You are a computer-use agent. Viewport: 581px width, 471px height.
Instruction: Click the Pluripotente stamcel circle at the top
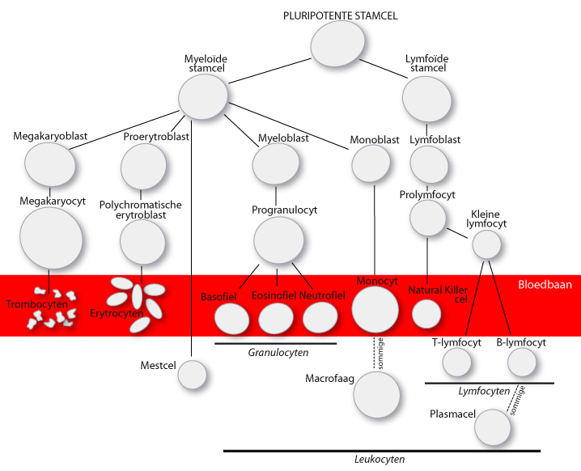point(337,44)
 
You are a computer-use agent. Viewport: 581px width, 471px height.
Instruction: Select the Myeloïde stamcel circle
point(203,96)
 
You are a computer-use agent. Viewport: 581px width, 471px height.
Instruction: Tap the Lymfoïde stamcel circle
point(427,99)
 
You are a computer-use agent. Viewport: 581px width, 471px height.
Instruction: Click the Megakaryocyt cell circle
point(51,238)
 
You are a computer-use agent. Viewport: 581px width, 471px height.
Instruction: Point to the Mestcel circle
point(192,375)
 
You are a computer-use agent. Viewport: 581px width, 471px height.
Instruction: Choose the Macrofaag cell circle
point(377,395)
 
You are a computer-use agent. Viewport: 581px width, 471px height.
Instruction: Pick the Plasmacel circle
point(493,427)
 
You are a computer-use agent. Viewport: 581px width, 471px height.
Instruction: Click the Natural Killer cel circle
point(426,314)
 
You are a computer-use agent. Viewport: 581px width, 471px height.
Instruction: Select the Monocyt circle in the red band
point(375,309)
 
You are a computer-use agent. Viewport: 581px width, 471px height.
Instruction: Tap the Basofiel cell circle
point(232,319)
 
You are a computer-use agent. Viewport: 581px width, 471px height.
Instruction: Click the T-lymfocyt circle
point(457,362)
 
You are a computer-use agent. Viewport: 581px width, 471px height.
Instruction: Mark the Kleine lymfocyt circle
point(486,244)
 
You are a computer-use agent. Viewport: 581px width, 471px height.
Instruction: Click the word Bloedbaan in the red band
point(545,285)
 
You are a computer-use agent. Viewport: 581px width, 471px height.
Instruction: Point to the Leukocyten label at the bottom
point(380,459)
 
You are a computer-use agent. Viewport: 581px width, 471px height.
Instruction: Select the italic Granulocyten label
point(278,352)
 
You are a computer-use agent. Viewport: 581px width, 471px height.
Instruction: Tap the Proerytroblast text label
point(156,137)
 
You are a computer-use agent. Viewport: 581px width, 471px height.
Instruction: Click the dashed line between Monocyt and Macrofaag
point(375,354)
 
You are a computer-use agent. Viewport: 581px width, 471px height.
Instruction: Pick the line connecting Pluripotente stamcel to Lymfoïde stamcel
point(384,69)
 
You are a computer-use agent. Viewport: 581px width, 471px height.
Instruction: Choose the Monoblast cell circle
point(371,163)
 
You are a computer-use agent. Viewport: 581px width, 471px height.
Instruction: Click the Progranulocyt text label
point(285,210)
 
